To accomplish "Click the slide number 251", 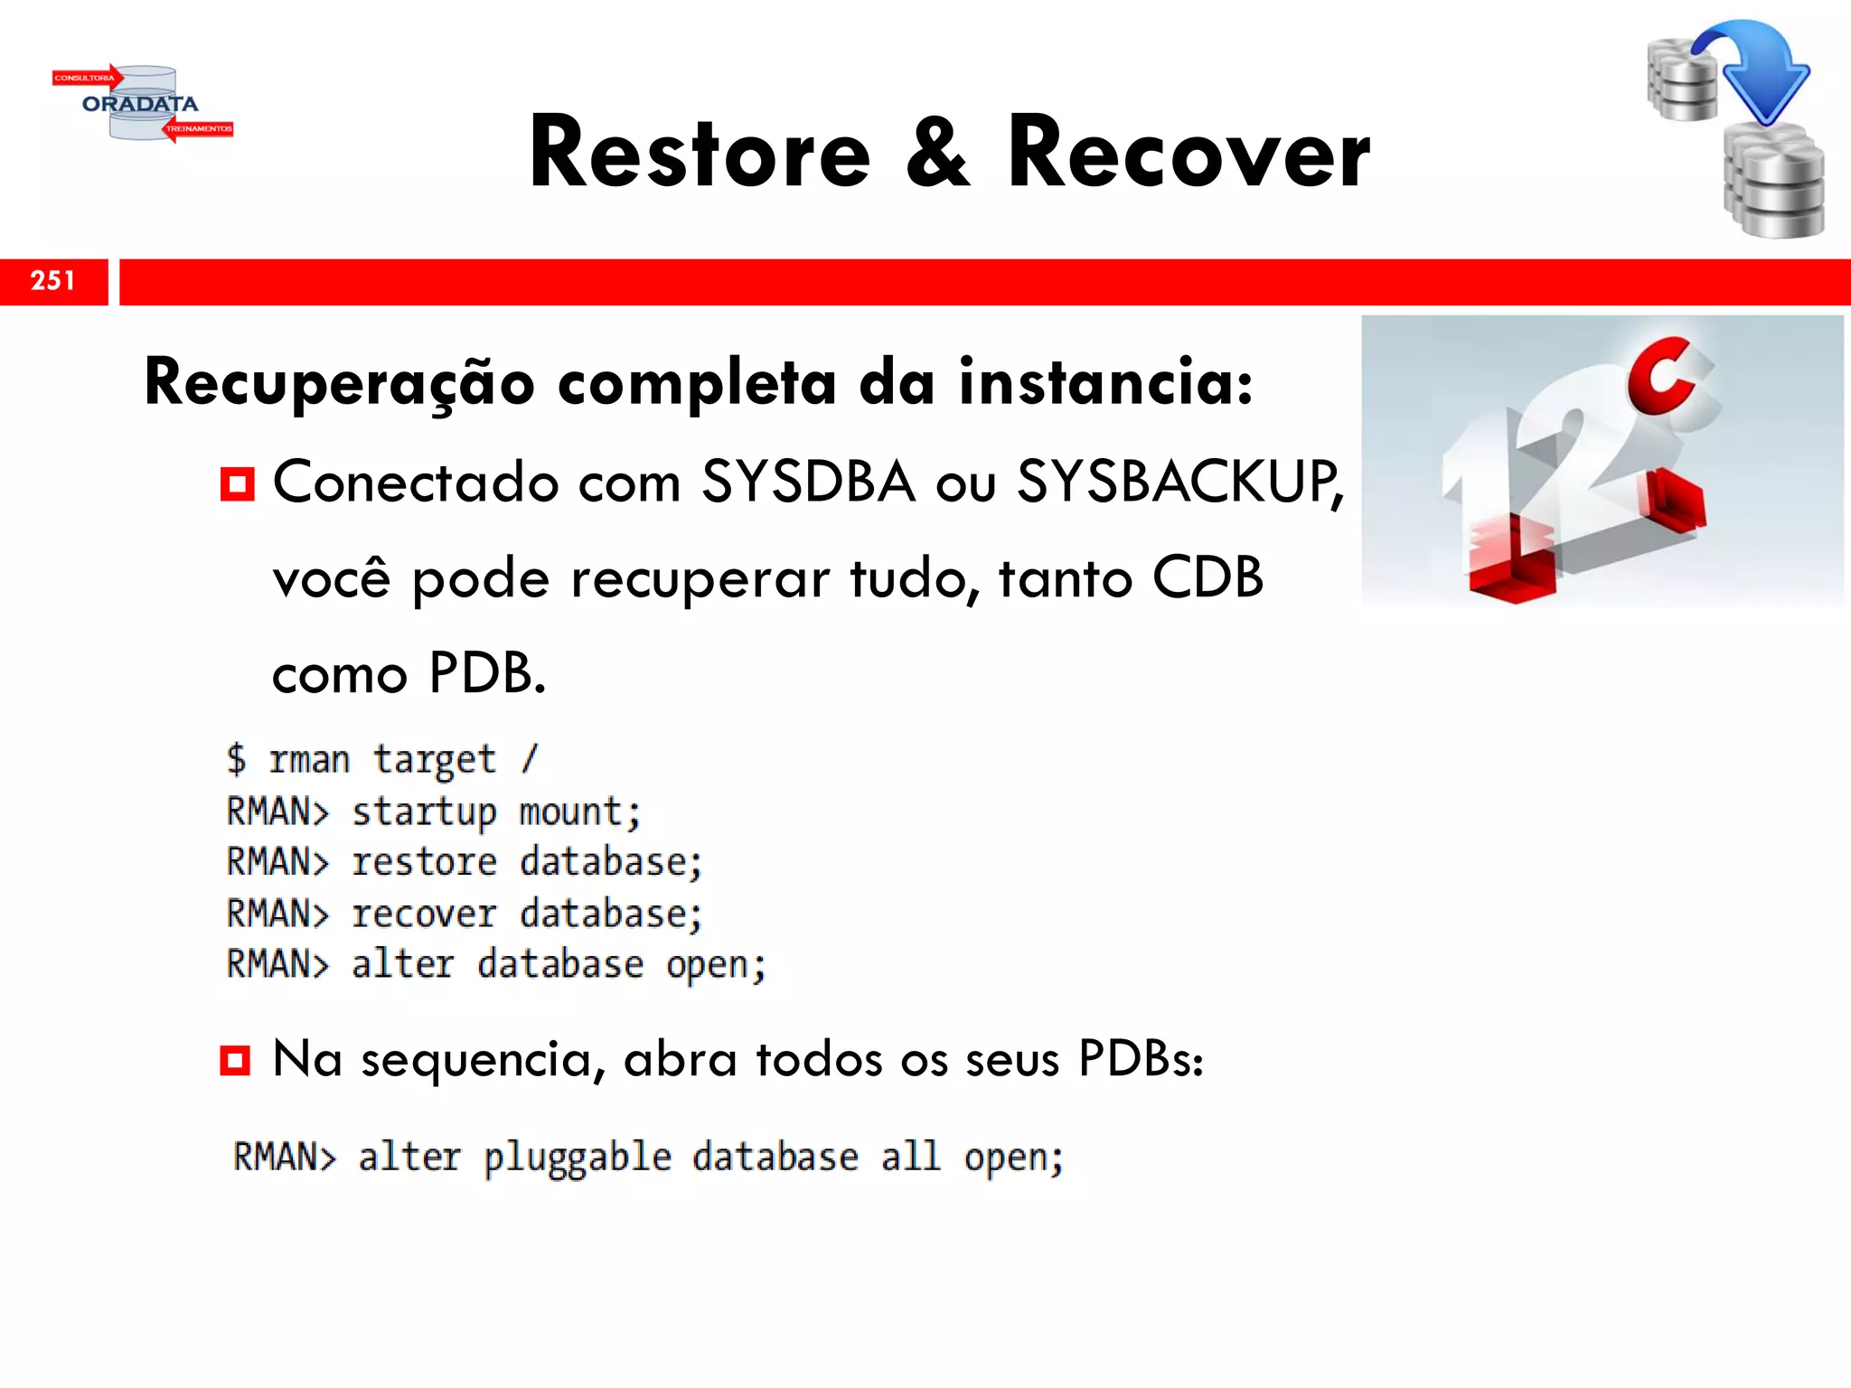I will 52,281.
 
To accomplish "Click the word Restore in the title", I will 700,154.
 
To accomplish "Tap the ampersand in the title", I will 938,154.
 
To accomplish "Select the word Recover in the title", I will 1189,154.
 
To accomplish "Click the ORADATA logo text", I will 140,104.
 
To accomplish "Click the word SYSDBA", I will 808,482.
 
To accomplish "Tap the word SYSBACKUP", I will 1175,482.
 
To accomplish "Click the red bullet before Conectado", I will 237,484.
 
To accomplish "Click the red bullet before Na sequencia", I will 235,1060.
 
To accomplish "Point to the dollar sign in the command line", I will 236,759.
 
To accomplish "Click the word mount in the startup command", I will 579,811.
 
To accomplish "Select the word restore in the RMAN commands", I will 424,862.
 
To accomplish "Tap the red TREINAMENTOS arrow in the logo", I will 198,129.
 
